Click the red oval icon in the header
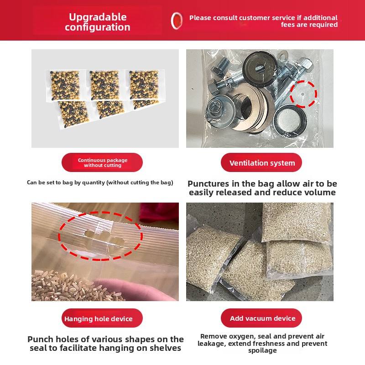[177, 21]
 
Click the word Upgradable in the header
[98, 17]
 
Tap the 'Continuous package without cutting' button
[102, 162]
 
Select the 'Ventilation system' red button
[261, 162]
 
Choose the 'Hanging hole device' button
[102, 318]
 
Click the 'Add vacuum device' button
[261, 318]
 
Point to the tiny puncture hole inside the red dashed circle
[302, 94]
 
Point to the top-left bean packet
[65, 85]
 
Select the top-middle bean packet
[105, 85]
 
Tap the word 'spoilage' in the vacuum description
[262, 350]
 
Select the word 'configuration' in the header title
[98, 27]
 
